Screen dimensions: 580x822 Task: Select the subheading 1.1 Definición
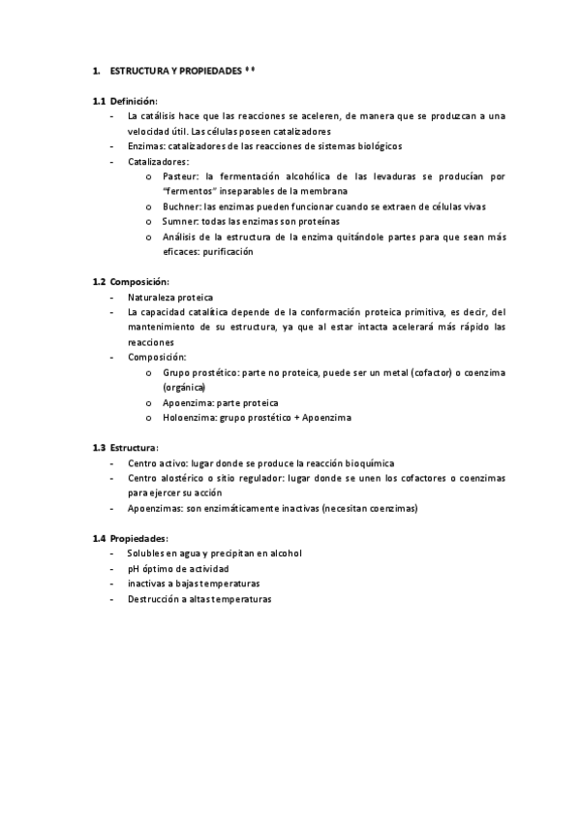125,101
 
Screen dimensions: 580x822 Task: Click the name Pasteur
179,176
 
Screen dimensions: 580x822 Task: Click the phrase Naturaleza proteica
170,297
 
